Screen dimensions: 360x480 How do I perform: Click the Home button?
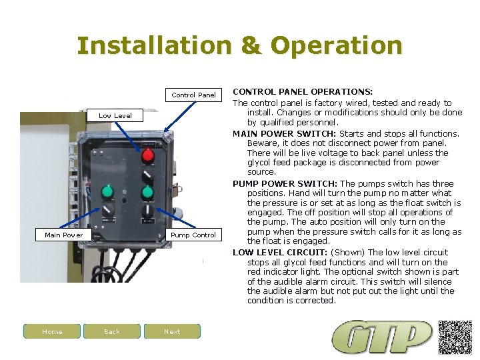pos(52,331)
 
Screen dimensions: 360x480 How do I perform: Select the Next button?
pos(172,331)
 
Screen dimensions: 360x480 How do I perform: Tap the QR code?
pos(455,337)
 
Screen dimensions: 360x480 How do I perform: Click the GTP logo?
pos(383,337)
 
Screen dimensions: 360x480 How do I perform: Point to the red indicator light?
pos(148,156)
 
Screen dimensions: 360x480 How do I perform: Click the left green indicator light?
pos(107,193)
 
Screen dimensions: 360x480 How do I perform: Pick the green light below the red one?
pos(148,193)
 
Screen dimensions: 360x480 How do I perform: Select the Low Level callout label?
pos(115,115)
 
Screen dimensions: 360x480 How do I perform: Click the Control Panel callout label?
pos(193,95)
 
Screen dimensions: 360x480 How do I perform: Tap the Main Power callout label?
pos(64,235)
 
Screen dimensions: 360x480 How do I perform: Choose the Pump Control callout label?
pos(193,235)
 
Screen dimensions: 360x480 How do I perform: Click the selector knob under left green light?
pos(107,212)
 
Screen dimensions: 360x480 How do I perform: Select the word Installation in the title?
pos(153,46)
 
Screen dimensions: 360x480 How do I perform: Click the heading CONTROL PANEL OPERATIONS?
pos(302,91)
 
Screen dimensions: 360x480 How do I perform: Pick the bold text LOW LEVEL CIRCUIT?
pos(280,253)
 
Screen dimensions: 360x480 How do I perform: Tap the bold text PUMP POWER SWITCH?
pos(285,183)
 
